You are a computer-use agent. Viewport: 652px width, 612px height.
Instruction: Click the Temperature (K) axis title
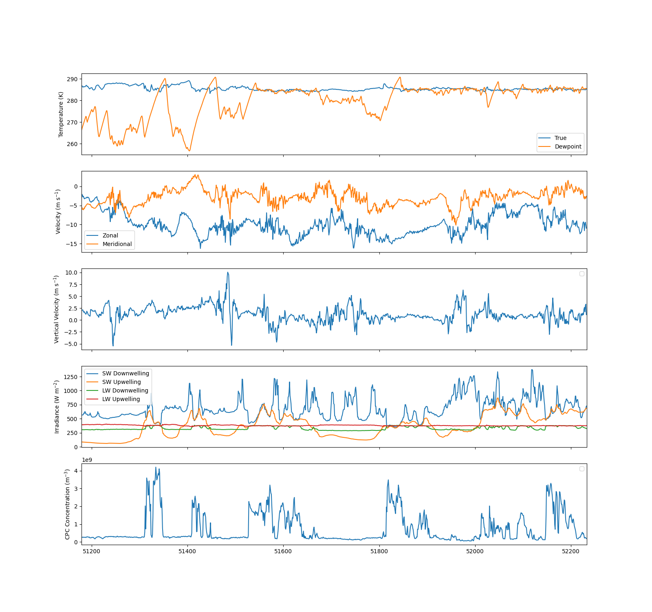[x=61, y=114]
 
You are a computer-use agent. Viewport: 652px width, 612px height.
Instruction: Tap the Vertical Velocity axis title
[x=57, y=309]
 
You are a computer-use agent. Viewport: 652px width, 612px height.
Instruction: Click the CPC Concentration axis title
[x=67, y=504]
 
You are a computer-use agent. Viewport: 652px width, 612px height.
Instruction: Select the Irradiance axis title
[x=57, y=407]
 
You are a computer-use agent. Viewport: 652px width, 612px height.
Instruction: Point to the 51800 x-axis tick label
[x=379, y=551]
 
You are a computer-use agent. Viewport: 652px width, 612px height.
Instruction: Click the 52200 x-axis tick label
[x=570, y=551]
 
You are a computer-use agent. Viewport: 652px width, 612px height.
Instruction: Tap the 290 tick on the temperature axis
[x=72, y=79]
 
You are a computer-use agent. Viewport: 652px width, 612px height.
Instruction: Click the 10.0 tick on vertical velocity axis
[x=71, y=273]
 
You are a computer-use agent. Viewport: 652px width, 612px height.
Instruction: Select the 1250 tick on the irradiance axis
[x=70, y=377]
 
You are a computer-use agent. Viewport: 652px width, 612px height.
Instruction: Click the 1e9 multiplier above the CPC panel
[x=87, y=460]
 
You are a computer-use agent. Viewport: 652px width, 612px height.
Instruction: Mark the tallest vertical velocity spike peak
[x=228, y=272]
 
